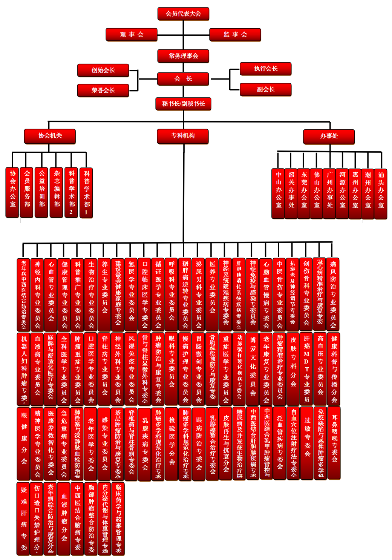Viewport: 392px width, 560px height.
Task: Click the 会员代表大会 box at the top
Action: (183, 14)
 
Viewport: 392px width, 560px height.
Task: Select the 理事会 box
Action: (132, 35)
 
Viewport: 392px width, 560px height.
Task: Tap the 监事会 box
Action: (235, 35)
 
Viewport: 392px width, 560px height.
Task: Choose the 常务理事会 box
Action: (183, 56)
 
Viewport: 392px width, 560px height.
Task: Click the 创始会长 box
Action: (103, 70)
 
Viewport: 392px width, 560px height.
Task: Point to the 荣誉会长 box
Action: (103, 91)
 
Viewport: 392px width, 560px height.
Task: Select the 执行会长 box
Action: (265, 69)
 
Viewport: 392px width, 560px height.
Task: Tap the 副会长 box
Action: (265, 89)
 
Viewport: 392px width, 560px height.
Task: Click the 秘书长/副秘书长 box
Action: (183, 104)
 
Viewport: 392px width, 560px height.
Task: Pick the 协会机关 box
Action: (50, 136)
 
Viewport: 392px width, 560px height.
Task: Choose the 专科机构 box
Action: (183, 136)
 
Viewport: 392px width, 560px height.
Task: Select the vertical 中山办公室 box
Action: (279, 193)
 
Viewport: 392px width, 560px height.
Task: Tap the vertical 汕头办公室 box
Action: (381, 193)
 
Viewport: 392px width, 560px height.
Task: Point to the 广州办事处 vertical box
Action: (330, 193)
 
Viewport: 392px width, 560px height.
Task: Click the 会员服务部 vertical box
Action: (27, 192)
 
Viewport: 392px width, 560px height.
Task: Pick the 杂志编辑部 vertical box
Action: (57, 192)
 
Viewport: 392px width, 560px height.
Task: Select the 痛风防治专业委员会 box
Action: (333, 294)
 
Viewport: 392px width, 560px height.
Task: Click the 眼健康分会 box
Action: (24, 443)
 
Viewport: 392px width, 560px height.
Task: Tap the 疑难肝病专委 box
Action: (24, 519)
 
